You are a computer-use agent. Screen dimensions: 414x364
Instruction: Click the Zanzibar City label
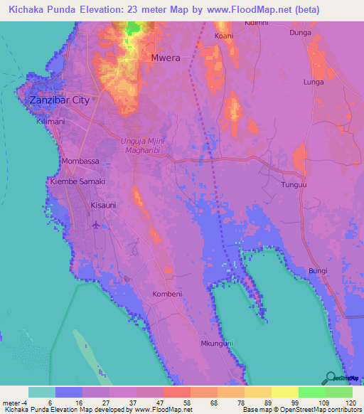(60, 100)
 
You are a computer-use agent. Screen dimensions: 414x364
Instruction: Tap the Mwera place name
(166, 57)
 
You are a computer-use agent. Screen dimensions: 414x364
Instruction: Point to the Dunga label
(301, 33)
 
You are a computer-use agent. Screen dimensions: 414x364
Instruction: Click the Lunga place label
(314, 83)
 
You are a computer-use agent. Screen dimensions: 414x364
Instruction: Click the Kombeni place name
(168, 294)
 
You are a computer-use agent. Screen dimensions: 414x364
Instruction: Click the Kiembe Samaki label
(77, 182)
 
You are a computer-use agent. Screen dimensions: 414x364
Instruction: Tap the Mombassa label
(80, 161)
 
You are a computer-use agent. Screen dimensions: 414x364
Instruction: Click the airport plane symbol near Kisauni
(97, 225)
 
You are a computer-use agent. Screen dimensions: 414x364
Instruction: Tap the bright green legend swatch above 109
(311, 392)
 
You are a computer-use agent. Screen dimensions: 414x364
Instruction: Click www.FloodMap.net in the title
(235, 10)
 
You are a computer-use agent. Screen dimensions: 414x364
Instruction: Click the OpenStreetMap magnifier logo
(329, 378)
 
